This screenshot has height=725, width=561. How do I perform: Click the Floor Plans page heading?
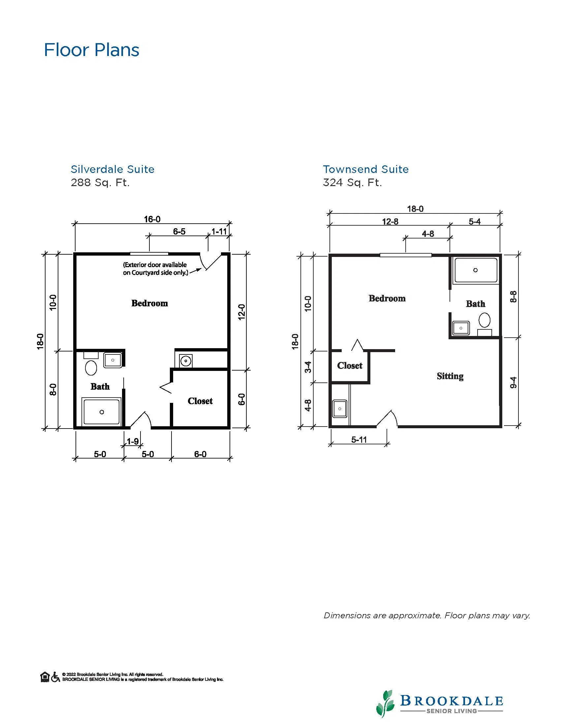tap(92, 50)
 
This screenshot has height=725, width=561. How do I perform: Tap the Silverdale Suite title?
tap(113, 169)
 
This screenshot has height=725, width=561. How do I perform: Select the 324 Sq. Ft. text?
tap(352, 182)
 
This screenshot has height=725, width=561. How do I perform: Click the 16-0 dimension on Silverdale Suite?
tap(152, 219)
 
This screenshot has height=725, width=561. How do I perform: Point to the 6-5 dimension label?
tap(179, 231)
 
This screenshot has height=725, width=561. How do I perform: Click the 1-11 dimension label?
tap(219, 231)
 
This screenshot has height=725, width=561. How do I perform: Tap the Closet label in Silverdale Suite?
tap(200, 401)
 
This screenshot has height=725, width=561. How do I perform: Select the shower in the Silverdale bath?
tap(102, 412)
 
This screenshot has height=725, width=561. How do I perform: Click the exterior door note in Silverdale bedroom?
tap(155, 269)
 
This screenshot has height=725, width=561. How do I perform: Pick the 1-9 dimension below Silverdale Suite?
tap(133, 441)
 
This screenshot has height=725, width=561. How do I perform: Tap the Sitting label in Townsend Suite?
tap(450, 376)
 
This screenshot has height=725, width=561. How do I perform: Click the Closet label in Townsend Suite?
tap(350, 366)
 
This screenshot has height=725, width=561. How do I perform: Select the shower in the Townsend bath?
tap(476, 270)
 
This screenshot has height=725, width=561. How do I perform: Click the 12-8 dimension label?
tap(390, 221)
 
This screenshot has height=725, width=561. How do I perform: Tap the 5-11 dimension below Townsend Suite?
tap(359, 440)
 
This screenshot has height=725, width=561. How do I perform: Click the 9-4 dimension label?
tap(514, 382)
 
